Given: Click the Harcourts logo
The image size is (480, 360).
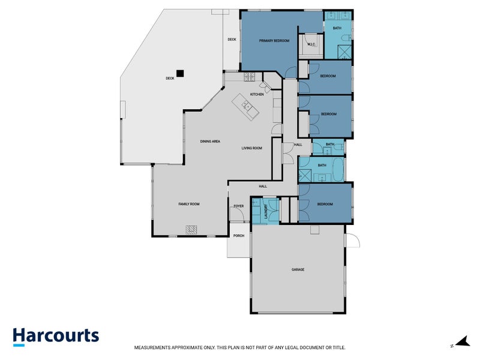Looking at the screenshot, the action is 56,337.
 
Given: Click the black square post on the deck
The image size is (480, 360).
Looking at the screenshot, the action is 180,73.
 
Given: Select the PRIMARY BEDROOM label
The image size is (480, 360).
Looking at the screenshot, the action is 274,41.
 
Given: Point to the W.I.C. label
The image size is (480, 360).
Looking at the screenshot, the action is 311,44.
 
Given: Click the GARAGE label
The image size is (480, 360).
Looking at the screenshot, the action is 298,269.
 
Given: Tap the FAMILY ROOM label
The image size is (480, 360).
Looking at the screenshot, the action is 189,204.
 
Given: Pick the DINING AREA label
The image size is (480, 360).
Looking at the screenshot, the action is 210,142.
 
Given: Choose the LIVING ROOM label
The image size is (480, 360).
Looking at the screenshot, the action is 251,148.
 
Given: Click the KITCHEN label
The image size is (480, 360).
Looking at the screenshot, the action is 257,94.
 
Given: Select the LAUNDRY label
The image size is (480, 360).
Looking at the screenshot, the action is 266,211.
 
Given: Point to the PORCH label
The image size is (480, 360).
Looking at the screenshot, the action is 239,236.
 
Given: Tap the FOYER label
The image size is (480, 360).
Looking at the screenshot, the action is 239,206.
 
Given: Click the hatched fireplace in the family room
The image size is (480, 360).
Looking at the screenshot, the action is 191,230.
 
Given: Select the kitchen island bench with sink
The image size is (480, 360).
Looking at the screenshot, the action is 245,107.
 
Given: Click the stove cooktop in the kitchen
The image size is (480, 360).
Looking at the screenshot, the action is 250,77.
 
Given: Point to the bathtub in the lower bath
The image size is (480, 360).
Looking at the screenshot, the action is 338,169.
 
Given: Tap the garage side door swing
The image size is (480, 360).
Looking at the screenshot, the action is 352,240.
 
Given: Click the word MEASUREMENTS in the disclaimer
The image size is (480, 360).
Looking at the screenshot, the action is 152,348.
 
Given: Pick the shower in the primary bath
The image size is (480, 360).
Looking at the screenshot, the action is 344,52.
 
